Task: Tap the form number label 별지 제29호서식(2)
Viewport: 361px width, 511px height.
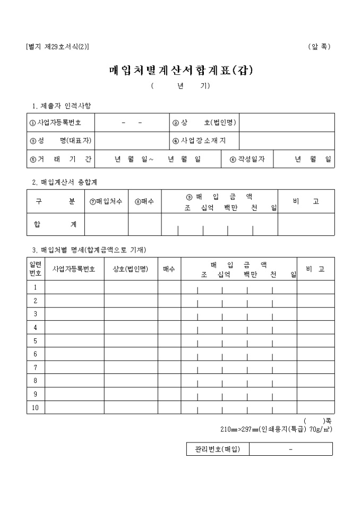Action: coord(57,47)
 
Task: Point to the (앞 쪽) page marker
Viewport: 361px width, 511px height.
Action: coord(319,47)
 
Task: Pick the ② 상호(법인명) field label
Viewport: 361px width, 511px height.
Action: coord(204,123)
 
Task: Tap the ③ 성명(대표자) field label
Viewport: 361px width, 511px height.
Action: coord(60,141)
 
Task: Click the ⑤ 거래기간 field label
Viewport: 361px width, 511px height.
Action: coord(60,159)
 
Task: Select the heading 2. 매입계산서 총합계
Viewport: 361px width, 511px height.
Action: coord(64,182)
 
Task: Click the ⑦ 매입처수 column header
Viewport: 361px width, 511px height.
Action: coord(106,201)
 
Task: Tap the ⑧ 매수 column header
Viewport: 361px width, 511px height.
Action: coord(144,201)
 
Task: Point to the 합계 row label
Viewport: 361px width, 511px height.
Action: coord(55,224)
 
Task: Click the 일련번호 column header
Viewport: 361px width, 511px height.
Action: coord(35,269)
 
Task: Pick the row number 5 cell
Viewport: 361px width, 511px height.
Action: coord(35,340)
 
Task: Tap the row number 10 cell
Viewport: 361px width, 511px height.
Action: coord(35,407)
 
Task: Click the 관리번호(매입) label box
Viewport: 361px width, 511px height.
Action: coord(218,449)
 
